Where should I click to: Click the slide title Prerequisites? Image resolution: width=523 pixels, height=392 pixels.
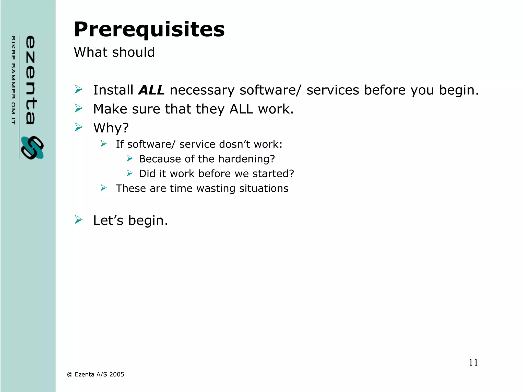coord(149,30)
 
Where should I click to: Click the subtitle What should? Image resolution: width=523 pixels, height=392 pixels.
coord(114,52)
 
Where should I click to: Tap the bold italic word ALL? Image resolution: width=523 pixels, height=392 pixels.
coord(151,90)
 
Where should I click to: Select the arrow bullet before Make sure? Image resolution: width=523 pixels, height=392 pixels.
coord(78,108)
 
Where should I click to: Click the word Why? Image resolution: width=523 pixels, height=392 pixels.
coord(111,128)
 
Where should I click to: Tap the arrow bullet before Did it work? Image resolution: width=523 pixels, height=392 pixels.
coord(129,173)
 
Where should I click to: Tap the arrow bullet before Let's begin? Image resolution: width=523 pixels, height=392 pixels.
coord(78,220)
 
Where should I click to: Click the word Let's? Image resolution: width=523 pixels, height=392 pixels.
coord(108,220)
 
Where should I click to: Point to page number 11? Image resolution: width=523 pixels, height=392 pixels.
coord(473,362)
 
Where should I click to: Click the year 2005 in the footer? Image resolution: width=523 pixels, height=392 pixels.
coord(117,374)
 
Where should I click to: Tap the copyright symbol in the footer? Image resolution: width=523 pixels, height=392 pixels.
coord(70,375)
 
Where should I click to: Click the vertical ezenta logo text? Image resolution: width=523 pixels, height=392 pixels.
coord(31,80)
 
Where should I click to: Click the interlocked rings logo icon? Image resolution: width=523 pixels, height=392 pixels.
coord(32,148)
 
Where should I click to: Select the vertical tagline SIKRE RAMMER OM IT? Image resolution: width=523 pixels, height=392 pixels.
coord(13,80)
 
